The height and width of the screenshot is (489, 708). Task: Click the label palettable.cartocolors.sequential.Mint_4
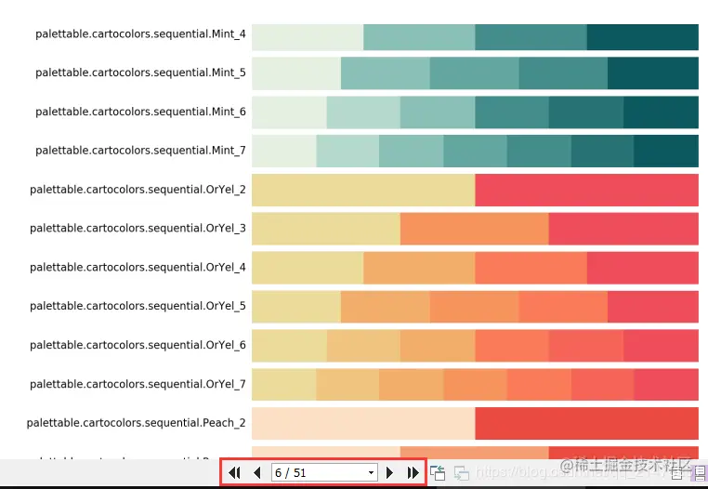(x=140, y=34)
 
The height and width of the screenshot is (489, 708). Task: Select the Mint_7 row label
(x=140, y=151)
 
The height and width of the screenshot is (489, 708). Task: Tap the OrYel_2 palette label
(x=138, y=190)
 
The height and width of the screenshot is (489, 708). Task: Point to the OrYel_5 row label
(x=138, y=306)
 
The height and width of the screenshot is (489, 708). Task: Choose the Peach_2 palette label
(x=136, y=423)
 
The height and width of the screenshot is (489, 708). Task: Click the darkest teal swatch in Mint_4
(x=642, y=37)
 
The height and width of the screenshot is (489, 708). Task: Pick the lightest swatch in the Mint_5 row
(x=295, y=73)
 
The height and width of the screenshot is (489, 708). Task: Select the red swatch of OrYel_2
(x=586, y=190)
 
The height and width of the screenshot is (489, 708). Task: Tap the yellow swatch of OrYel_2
(x=363, y=190)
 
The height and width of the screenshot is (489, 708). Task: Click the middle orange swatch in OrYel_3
(x=474, y=229)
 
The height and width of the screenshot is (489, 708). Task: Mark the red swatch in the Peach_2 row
(x=586, y=423)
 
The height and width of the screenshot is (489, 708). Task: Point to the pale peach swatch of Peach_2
(x=363, y=423)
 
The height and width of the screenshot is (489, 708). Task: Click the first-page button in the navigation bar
(x=234, y=473)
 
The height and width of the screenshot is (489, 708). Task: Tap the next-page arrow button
(x=390, y=473)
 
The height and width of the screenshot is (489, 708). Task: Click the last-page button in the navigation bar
(x=413, y=473)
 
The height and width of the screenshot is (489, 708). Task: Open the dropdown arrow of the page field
(x=372, y=473)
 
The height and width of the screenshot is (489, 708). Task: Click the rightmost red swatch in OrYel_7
(x=666, y=384)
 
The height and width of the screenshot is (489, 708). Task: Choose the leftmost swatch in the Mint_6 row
(x=289, y=112)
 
